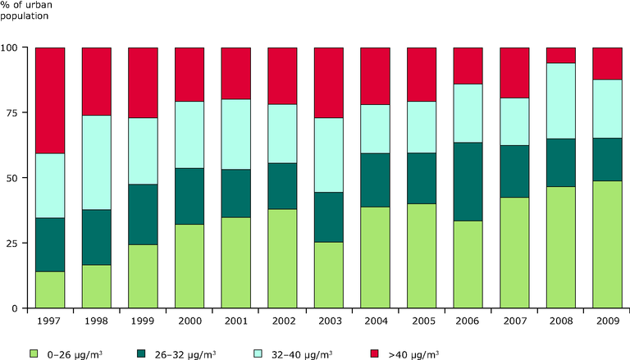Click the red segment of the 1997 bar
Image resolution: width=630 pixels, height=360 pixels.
pos(50,100)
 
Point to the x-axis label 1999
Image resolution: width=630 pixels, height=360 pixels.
pos(143,321)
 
